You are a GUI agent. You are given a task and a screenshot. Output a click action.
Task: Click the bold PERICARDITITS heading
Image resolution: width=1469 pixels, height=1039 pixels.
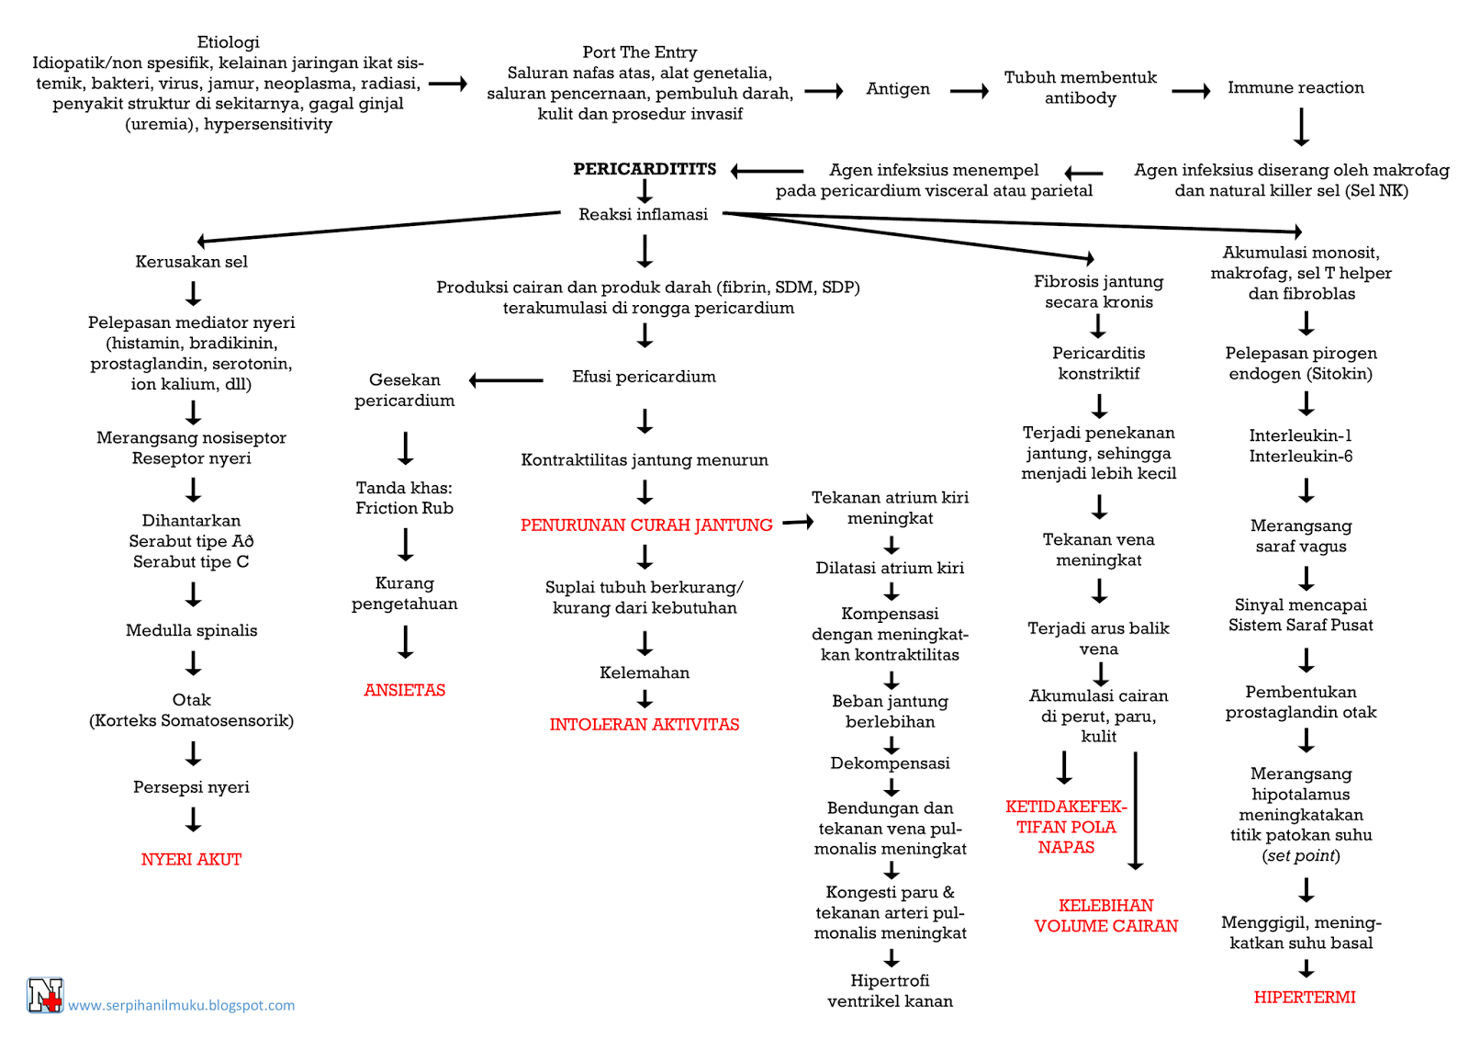pos(645,169)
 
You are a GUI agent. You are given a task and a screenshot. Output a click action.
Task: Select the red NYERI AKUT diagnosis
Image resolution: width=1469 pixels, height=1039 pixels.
pos(191,859)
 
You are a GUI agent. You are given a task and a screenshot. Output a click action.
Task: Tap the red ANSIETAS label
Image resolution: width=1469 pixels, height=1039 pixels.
pos(404,690)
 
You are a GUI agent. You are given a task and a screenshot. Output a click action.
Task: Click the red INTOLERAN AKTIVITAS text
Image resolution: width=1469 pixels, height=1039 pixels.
pos(644,724)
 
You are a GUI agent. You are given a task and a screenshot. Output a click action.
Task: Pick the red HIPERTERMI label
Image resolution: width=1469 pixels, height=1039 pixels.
pos(1304,997)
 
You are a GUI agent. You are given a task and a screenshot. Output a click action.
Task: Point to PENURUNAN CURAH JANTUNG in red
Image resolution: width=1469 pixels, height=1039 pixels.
pos(646,525)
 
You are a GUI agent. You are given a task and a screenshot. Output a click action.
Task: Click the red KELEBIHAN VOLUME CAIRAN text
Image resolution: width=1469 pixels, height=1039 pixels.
pos(1105,916)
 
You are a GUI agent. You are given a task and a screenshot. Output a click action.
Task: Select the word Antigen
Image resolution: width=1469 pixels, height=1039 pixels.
pos(897,88)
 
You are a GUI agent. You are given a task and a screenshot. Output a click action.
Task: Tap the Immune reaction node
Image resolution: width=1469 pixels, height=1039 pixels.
pos(1295,87)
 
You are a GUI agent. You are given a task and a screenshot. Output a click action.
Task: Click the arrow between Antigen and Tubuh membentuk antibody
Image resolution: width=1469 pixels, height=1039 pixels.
pos(969,91)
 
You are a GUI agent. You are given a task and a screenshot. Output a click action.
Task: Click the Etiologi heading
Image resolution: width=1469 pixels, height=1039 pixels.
pos(228,41)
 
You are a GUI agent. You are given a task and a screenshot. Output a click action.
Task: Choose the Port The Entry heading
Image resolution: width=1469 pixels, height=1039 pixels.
pos(639,52)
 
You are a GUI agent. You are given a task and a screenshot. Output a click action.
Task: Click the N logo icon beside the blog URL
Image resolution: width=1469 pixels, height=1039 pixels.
pos(45,995)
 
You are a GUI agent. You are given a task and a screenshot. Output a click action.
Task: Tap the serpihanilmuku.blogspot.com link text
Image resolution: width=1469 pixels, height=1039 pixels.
pos(182,1005)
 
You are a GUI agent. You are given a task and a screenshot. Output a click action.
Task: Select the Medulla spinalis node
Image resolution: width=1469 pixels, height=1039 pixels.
pos(191,630)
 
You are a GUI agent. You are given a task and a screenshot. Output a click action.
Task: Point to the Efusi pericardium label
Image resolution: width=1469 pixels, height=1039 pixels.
pos(644,376)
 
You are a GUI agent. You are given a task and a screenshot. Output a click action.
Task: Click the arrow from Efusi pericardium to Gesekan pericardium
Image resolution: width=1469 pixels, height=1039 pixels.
pos(506,379)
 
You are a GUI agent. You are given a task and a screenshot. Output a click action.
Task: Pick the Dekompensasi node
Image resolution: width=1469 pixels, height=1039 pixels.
pos(890,762)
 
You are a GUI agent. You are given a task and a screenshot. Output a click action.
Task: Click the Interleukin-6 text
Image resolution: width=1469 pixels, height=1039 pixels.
pos(1300,456)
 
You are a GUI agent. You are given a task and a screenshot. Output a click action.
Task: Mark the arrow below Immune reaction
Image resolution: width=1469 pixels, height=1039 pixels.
pos(1301,127)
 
